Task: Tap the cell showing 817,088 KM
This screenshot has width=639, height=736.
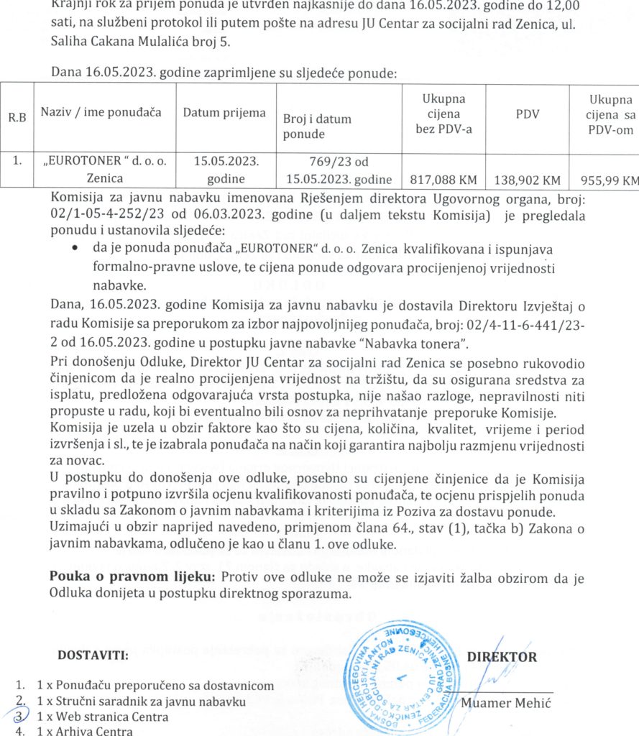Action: [444, 179]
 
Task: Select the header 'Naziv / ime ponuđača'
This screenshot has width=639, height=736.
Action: [101, 112]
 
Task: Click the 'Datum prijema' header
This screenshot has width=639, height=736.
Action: [224, 113]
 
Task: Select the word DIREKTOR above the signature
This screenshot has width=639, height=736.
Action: [502, 656]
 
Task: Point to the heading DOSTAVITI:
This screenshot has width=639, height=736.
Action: [93, 655]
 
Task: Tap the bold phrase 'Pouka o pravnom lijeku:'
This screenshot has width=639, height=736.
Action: [132, 577]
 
